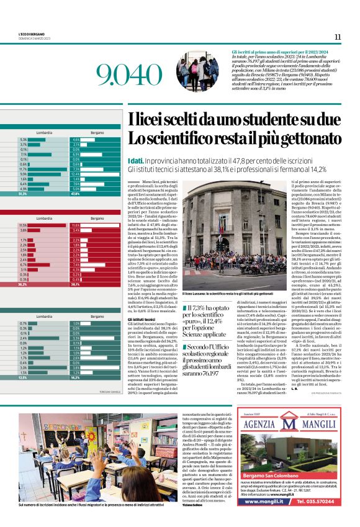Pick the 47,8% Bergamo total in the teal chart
(x=76, y=194)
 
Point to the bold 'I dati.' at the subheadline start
(x=137, y=161)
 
